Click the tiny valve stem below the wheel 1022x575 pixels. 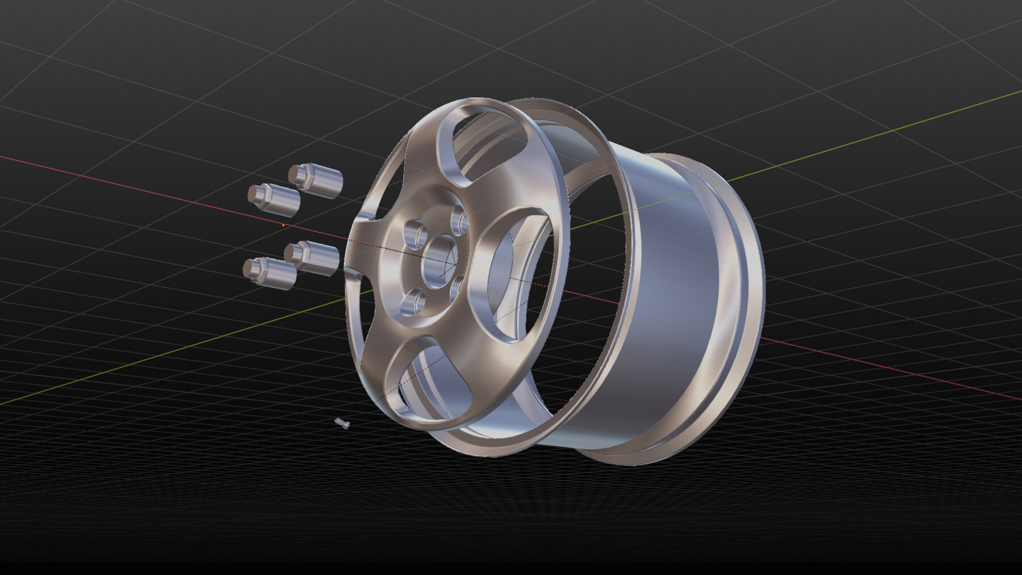[x=342, y=423]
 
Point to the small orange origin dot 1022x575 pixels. [x=283, y=225]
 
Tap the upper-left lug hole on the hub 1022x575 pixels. [x=415, y=233]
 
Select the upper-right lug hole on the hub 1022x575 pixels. [x=459, y=220]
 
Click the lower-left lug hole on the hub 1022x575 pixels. [x=413, y=301]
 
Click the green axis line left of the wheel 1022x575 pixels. [x=170, y=352]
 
